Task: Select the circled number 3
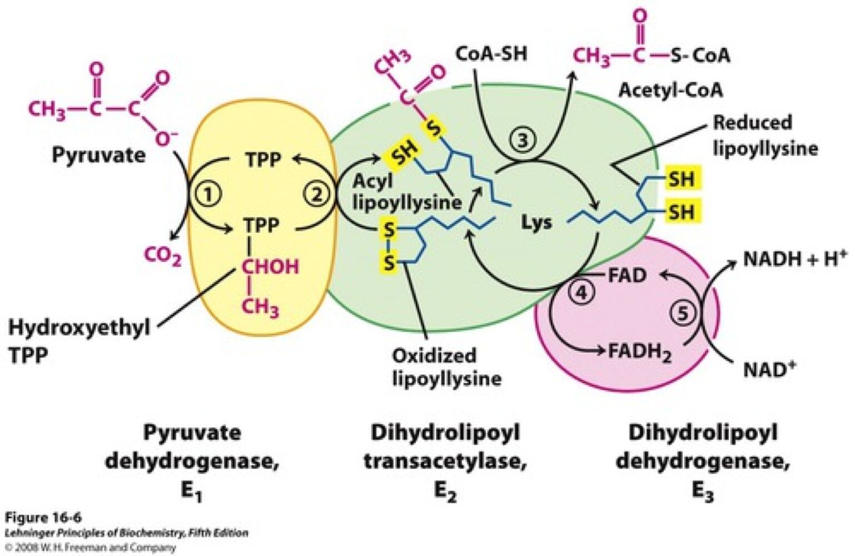click(x=522, y=140)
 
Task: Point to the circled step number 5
click(x=682, y=313)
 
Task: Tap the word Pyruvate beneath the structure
click(x=98, y=155)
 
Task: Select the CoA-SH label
click(x=491, y=54)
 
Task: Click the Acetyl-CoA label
click(x=670, y=90)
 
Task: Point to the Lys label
click(x=536, y=222)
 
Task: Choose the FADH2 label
click(x=639, y=352)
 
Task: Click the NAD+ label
click(x=770, y=369)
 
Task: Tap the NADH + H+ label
click(x=795, y=259)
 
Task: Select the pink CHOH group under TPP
click(x=270, y=266)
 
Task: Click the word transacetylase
click(x=445, y=461)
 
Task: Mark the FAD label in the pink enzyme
click(x=627, y=275)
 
